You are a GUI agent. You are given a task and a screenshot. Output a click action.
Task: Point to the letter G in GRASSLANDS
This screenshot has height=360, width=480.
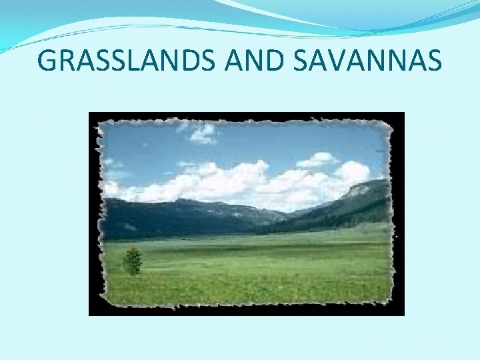click(48, 61)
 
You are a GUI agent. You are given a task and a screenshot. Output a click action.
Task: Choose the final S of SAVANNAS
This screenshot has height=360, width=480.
click(433, 61)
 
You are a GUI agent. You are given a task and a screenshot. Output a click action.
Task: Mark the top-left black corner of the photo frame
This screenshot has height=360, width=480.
click(93, 116)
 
